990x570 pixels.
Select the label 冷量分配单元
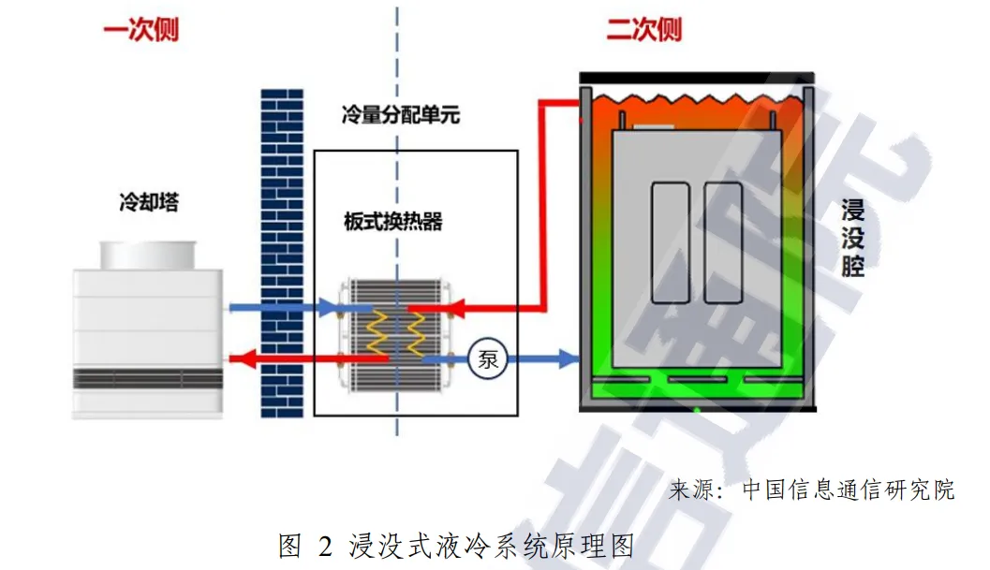pyautogui.click(x=400, y=116)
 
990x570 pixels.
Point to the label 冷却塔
pyautogui.click(x=149, y=201)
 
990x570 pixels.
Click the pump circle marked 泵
pyautogui.click(x=488, y=359)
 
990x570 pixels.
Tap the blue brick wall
pyautogui.click(x=282, y=253)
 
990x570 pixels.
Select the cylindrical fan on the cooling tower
pyautogui.click(x=150, y=254)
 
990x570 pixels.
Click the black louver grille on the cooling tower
pyautogui.click(x=149, y=379)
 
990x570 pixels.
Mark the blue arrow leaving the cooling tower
pyautogui.click(x=281, y=307)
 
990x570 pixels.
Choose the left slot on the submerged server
pyautogui.click(x=670, y=242)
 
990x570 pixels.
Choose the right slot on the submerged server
pyautogui.click(x=722, y=242)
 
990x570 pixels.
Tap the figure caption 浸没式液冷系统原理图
pyautogui.click(x=493, y=546)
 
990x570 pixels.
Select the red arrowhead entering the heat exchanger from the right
pyautogui.click(x=456, y=306)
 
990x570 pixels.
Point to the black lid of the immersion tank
pyautogui.click(x=698, y=77)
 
